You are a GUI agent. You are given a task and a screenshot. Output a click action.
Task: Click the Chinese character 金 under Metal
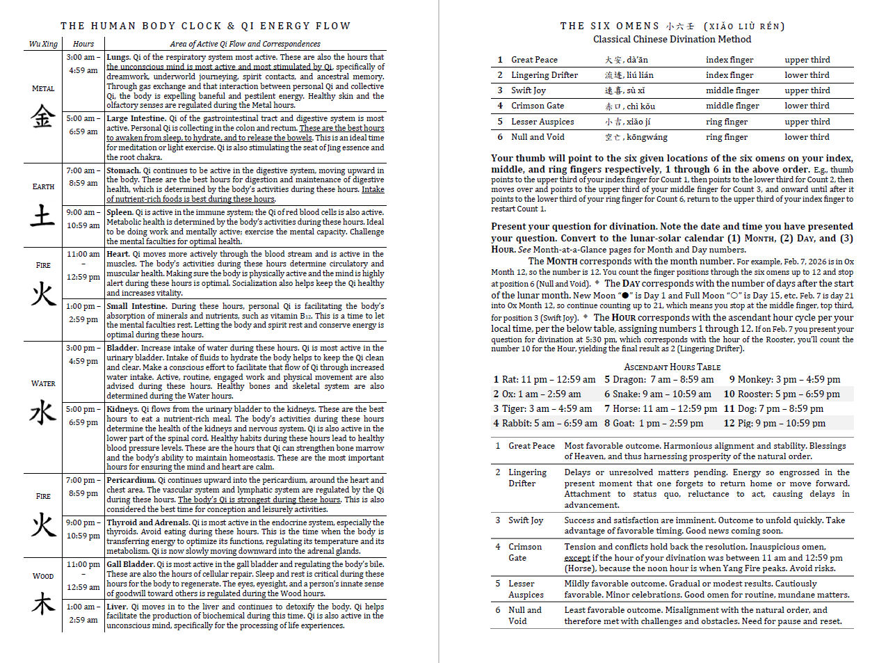[42, 115]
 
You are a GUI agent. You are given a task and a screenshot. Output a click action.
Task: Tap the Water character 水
[42, 412]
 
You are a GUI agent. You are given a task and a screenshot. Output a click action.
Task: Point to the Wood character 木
[43, 603]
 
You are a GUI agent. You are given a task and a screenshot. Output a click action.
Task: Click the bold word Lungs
[118, 57]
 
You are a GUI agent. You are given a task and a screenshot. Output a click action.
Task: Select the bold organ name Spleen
[119, 212]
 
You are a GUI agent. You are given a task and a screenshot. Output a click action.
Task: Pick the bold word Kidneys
[122, 409]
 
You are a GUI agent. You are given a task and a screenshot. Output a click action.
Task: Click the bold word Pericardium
[130, 480]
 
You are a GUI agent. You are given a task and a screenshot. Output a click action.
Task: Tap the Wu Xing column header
[43, 44]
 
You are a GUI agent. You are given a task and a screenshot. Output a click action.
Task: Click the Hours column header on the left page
[83, 44]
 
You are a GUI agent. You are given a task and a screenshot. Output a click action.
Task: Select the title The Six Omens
[609, 26]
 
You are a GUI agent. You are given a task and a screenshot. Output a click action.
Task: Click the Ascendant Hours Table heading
[672, 367]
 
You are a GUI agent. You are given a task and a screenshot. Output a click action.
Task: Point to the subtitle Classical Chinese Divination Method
[672, 39]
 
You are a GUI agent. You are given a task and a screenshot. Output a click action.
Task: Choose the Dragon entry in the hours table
[659, 379]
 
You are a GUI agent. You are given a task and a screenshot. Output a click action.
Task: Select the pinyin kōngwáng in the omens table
[646, 137]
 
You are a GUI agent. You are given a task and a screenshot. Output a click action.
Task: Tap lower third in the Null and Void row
[807, 137]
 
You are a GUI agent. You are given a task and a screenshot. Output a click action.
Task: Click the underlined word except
[576, 557]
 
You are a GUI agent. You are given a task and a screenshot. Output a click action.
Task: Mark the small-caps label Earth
[43, 186]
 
